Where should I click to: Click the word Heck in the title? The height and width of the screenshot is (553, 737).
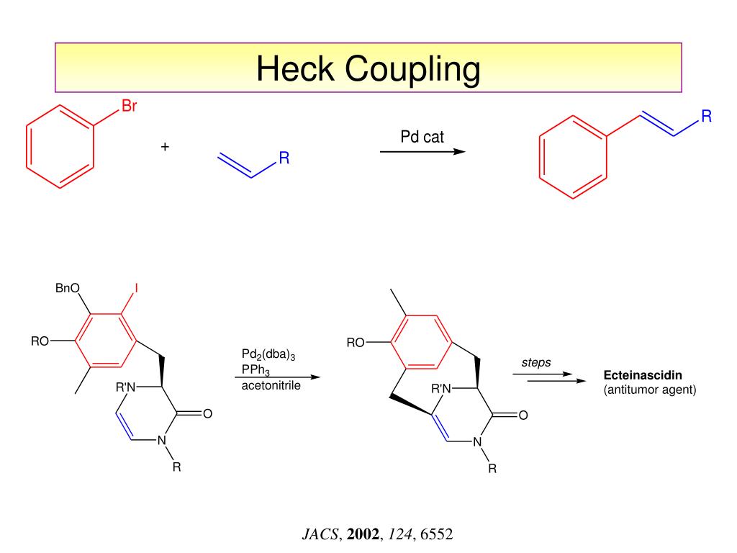tap(296, 69)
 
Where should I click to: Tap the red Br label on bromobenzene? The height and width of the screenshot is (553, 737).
tap(129, 108)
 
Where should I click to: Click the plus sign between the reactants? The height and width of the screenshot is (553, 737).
tap(166, 147)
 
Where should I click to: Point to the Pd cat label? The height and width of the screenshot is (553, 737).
tap(422, 137)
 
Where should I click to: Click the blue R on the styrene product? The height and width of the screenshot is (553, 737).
tap(706, 117)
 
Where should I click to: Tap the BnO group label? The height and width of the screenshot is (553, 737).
tap(68, 289)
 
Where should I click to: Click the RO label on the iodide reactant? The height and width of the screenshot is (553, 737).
tap(40, 341)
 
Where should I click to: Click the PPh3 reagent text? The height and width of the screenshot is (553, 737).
tap(256, 371)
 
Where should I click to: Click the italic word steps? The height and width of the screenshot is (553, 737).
tap(536, 362)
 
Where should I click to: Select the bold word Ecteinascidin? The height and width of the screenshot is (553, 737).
tap(642, 376)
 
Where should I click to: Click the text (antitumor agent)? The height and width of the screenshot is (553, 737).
tap(650, 390)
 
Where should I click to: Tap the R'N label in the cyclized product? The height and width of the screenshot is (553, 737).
tap(440, 389)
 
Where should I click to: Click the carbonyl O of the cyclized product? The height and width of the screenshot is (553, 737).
tap(523, 415)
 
